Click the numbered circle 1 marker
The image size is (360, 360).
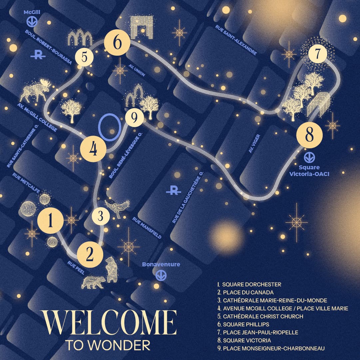click(51, 220)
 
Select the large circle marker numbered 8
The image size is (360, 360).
click(310, 135)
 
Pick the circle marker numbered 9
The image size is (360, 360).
click(135, 118)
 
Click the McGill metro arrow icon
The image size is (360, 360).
click(32, 22)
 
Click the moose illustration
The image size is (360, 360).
click(35, 90)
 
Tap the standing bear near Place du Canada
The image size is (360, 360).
click(112, 270)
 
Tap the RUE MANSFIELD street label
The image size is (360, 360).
click(147, 228)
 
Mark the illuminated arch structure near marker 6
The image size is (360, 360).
click(142, 25)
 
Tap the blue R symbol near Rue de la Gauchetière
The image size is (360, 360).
click(174, 191)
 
